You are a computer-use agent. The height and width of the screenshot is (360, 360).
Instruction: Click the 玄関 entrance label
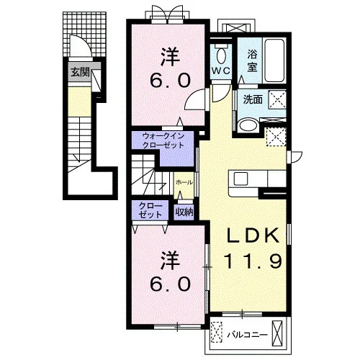click(x=80, y=72)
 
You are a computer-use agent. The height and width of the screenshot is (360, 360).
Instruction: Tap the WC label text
click(x=221, y=71)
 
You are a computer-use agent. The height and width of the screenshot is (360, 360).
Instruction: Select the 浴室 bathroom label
click(x=253, y=61)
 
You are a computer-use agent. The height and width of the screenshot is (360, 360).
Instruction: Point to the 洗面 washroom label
click(x=253, y=99)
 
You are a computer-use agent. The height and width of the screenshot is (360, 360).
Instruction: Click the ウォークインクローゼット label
click(x=163, y=140)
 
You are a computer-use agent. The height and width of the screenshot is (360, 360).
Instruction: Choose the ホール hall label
click(x=184, y=183)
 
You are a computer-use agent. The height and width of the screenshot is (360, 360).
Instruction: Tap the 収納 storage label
click(x=184, y=212)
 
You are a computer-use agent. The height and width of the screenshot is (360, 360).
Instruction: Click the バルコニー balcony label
click(x=247, y=335)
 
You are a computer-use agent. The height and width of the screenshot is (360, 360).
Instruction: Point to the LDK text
click(x=254, y=235)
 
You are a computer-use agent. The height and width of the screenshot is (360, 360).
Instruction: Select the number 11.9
click(x=253, y=261)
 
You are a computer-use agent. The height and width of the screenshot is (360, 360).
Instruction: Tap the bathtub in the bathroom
click(x=275, y=60)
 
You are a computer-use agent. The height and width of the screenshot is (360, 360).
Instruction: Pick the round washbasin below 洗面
click(x=248, y=125)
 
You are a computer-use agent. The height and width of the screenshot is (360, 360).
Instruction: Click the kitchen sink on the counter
click(x=240, y=179)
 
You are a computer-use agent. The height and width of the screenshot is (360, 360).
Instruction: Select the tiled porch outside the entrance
click(x=84, y=35)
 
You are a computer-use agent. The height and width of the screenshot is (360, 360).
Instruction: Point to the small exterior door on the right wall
click(x=294, y=157)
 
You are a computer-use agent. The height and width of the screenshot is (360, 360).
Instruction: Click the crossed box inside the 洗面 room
click(x=277, y=99)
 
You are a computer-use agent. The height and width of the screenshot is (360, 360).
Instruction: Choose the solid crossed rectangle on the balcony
click(x=277, y=333)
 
